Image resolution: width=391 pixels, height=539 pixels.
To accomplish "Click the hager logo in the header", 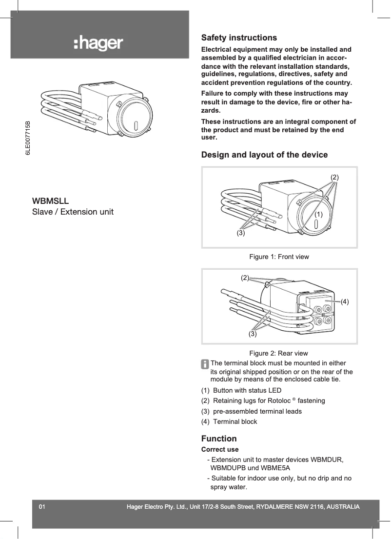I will [98, 44].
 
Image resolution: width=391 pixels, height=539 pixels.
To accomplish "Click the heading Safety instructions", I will [239, 38].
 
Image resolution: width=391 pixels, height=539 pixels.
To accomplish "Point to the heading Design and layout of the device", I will [264, 155].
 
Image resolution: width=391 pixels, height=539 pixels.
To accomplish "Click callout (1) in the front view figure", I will [319, 214].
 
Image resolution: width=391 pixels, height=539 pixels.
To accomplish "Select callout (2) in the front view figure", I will [334, 177].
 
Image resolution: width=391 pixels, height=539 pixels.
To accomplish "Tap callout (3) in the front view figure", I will [241, 233].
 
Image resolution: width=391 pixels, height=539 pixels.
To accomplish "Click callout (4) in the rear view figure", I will [345, 301].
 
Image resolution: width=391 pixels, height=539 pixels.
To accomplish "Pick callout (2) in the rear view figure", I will [245, 278].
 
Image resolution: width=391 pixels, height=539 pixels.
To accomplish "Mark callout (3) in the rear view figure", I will [253, 334].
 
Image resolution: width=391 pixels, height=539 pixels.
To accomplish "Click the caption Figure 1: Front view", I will [279, 257].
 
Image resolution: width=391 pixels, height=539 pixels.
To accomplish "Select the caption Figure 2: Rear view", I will [278, 353].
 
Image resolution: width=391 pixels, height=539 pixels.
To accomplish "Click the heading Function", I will [219, 439].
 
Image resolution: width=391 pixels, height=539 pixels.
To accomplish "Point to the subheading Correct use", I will [220, 449].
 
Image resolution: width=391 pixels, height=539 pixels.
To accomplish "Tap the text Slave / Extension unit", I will [73, 212].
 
